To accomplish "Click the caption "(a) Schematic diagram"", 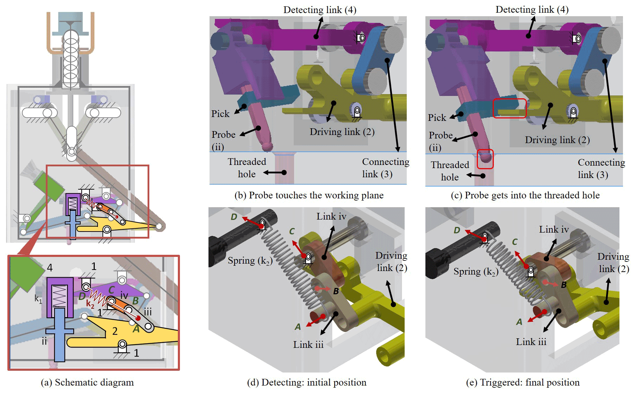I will tap(87, 382).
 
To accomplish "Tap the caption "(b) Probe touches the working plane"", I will tap(309, 195).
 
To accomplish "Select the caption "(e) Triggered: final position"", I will tap(523, 382).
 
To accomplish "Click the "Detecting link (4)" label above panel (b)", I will tap(320, 10).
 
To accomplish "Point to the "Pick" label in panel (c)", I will tap(437, 118).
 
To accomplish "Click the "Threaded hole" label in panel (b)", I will tap(247, 168).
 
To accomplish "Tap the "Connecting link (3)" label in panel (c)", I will tap(601, 168).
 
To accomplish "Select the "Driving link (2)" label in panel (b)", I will tap(342, 132).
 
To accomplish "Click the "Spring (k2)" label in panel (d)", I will tap(250, 261).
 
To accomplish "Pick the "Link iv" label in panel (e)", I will tap(554, 230).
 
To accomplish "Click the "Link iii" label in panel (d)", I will tap(308, 345).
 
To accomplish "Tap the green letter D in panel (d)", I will tap(234, 217).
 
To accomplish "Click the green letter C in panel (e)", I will tap(515, 242).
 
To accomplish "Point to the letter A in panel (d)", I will tap(298, 327).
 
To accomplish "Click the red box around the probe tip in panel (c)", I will tap(485, 159).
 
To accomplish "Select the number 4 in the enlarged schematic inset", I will tap(50, 268).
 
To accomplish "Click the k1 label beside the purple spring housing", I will tap(38, 298).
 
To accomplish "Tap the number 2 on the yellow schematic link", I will tap(115, 331).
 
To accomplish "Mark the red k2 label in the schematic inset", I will tap(90, 304).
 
